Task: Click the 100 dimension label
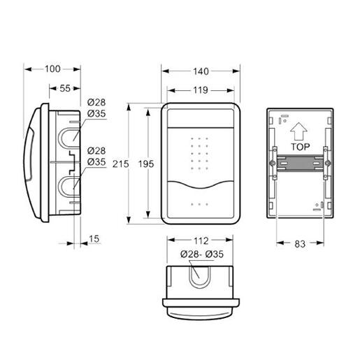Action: click(52, 69)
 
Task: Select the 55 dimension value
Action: click(65, 88)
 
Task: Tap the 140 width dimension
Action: click(201, 71)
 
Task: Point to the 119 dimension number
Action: click(201, 90)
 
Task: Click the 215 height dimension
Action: click(120, 164)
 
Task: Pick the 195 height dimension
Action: click(146, 164)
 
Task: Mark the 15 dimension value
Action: click(94, 239)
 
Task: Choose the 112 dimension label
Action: click(201, 241)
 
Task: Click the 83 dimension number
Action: click(300, 244)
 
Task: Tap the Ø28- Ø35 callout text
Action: click(202, 254)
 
